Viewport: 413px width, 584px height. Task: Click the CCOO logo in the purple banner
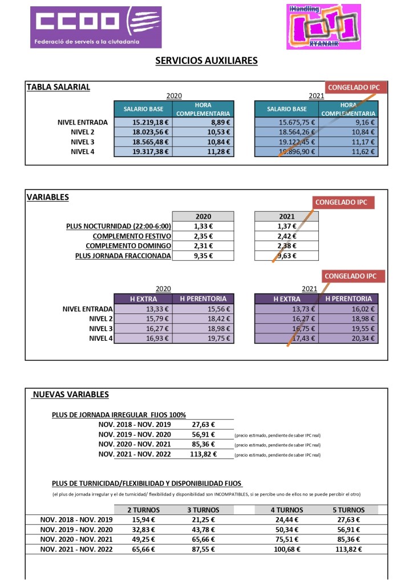click(95, 26)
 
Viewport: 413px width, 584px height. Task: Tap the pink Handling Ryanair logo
click(323, 26)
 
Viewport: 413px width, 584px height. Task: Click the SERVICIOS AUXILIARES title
click(206, 61)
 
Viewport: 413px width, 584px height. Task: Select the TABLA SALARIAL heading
click(58, 87)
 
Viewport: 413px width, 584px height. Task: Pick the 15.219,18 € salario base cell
click(143, 122)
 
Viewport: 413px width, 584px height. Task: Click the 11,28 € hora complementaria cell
click(204, 151)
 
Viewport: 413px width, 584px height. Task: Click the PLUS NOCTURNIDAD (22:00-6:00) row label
click(119, 227)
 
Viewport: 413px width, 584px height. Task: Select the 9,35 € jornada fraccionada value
click(203, 256)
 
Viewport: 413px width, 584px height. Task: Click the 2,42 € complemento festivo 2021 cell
click(286, 236)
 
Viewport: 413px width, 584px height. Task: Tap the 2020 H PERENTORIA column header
click(203, 299)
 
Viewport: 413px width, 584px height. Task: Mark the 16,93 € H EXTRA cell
click(143, 339)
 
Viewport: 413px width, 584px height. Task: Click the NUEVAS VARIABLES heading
click(71, 394)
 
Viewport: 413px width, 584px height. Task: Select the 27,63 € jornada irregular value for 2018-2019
click(203, 424)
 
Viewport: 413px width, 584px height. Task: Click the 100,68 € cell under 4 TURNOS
click(287, 549)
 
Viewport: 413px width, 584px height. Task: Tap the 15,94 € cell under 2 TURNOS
click(143, 519)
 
